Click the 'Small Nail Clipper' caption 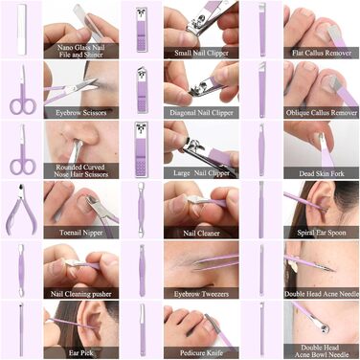click(201, 53)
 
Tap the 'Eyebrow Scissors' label click(81, 113)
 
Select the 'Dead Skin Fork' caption click(322, 173)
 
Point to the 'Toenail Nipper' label click(81, 233)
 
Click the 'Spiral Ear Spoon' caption click(322, 233)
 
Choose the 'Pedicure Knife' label click(201, 353)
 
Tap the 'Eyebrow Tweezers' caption click(201, 294)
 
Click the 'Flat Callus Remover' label click(322, 53)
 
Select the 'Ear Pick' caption click(81, 353)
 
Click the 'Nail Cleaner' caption click(201, 233)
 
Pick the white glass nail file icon click(21, 30)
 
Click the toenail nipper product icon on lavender click(21, 209)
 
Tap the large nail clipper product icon click(142, 149)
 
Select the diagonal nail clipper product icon click(142, 90)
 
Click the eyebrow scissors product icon click(22, 91)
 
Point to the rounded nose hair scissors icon click(22, 150)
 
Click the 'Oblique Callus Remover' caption click(322, 113)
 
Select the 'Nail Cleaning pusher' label click(81, 294)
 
